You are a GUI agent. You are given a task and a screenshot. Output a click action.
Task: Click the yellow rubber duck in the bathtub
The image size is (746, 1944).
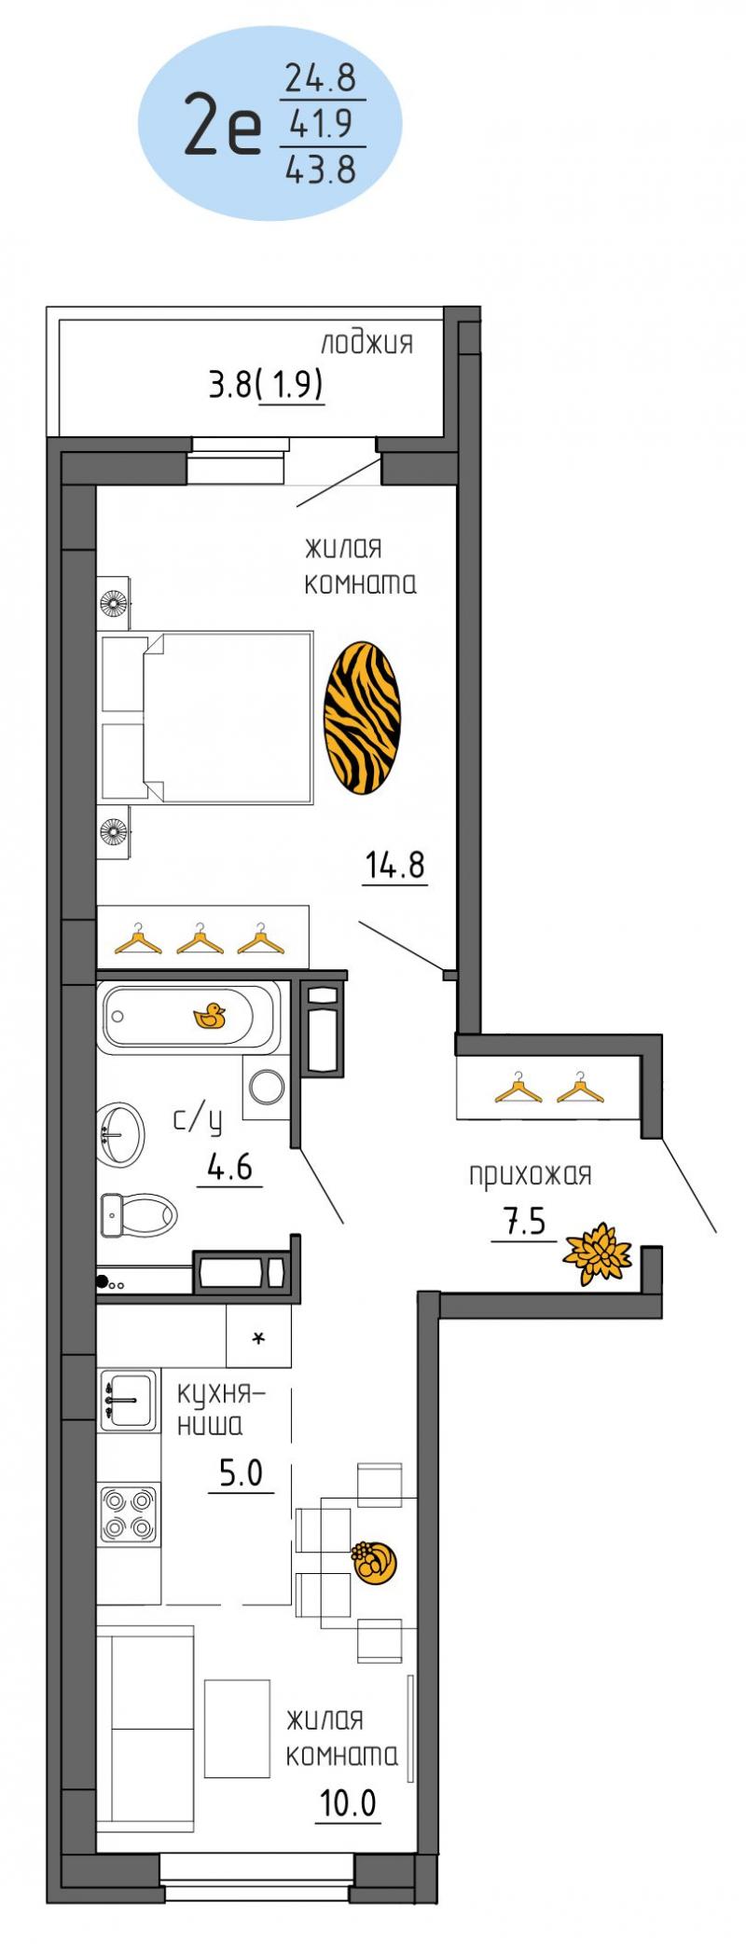[x=210, y=1017]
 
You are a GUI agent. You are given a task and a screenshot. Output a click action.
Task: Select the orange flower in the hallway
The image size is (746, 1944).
[x=597, y=1253]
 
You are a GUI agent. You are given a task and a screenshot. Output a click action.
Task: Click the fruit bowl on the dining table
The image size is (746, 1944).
[x=374, y=1560]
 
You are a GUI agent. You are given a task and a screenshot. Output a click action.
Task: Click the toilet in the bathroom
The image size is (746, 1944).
[x=138, y=1216]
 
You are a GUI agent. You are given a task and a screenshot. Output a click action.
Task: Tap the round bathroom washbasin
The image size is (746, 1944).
[x=121, y=1134]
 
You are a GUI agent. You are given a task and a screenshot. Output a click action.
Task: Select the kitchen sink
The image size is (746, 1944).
[x=129, y=1399]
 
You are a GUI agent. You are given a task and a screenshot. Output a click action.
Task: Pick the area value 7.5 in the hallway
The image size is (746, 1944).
[x=525, y=1223]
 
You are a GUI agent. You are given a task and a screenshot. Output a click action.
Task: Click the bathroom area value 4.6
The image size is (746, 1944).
[x=229, y=1166]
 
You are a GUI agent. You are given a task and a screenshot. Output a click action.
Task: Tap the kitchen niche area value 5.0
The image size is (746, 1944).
[x=241, y=1473]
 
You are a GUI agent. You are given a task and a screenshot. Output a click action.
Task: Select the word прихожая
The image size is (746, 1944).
[x=531, y=1174]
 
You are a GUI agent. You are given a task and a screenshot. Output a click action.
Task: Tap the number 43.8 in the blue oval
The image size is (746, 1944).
[x=321, y=169]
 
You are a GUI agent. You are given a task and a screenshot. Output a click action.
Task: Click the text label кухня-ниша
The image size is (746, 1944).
[x=221, y=1408]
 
